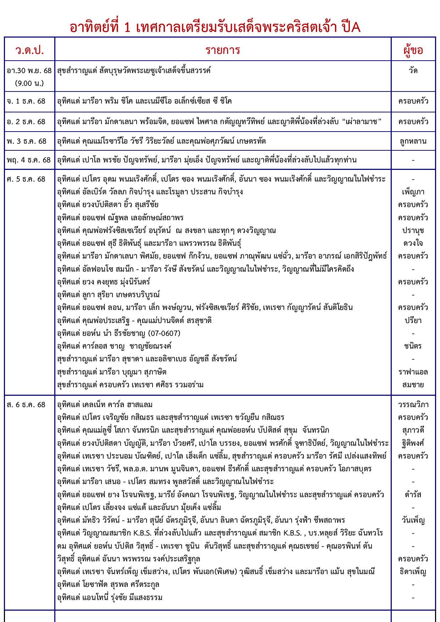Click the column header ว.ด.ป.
(x=29, y=50)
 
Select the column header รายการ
(x=223, y=50)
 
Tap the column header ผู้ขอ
(x=413, y=50)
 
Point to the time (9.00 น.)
(x=29, y=83)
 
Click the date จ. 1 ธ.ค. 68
(x=26, y=101)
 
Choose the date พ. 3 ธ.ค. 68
(x=27, y=141)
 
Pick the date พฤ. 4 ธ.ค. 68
(x=29, y=160)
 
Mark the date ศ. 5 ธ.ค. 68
(x=26, y=179)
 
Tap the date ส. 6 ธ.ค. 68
(x=26, y=405)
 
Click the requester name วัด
(x=413, y=71)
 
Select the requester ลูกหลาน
(x=413, y=141)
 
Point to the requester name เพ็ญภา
(x=413, y=192)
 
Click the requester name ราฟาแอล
(x=413, y=372)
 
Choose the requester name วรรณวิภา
(x=413, y=405)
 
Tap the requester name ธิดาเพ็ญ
(x=413, y=572)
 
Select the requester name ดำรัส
(x=413, y=495)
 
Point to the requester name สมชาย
(x=413, y=385)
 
